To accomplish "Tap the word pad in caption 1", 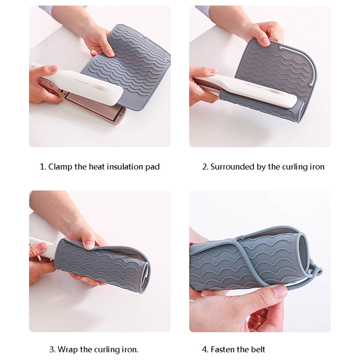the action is coord(153,167).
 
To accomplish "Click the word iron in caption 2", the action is coord(317,166).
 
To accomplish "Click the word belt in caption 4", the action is coord(258,350).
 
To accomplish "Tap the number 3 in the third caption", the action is coord(52,350).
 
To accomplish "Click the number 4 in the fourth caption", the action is coord(205,350).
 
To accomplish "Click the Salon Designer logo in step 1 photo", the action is coord(81,82).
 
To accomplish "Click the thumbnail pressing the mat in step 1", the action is coord(109,53).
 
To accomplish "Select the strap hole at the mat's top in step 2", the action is coord(282,47).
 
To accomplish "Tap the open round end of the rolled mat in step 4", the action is coord(303,252).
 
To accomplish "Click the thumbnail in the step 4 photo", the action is coord(279,291).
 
